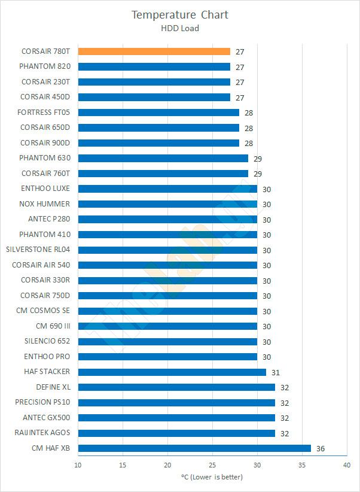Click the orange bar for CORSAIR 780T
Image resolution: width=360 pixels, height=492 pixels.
(154, 51)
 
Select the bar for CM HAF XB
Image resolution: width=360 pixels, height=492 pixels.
(194, 448)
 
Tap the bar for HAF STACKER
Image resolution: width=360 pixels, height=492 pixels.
(172, 372)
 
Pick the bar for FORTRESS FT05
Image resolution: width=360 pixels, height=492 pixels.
(158, 113)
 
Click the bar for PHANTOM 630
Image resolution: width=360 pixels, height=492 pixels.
(163, 158)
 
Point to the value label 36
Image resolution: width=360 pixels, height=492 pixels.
(321, 448)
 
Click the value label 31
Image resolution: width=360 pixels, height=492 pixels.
(276, 372)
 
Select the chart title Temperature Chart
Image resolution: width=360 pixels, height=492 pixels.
(180, 15)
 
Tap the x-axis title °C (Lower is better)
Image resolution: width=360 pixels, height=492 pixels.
(212, 477)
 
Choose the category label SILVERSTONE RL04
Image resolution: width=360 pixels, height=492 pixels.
(38, 250)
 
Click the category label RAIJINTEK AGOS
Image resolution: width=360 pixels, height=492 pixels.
(42, 433)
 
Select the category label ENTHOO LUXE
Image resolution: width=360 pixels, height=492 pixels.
(45, 189)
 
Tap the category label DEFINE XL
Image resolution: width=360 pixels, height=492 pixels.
(53, 387)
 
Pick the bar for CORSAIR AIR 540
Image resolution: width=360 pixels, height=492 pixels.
(167, 265)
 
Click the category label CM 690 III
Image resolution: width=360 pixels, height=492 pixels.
(53, 326)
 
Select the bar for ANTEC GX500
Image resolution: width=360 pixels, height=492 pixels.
(176, 418)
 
